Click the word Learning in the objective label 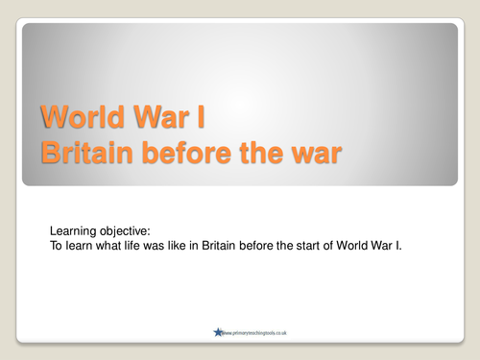[71, 230]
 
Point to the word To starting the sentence [56, 245]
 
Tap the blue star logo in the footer [219, 332]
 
